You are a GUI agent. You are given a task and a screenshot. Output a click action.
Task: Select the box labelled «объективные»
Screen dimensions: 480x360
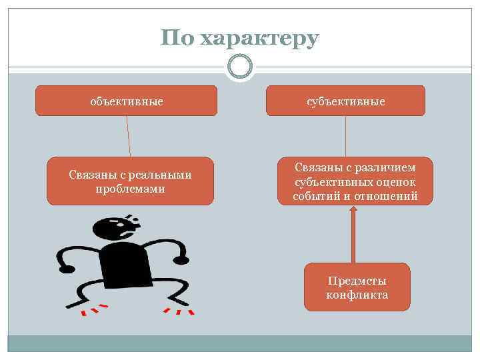point(127,101)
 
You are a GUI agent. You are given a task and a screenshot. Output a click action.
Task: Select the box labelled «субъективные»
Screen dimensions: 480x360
point(345,101)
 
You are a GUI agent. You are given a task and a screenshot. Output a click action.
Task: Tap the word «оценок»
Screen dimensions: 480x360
point(395,182)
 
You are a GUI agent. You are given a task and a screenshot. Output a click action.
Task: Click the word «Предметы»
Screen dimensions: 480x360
point(357,281)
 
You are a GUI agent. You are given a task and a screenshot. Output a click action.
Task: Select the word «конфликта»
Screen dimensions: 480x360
point(357,295)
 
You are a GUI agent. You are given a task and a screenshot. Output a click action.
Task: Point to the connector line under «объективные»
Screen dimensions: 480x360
point(128,137)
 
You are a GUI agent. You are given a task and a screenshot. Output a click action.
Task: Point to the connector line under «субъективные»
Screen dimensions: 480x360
point(345,137)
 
